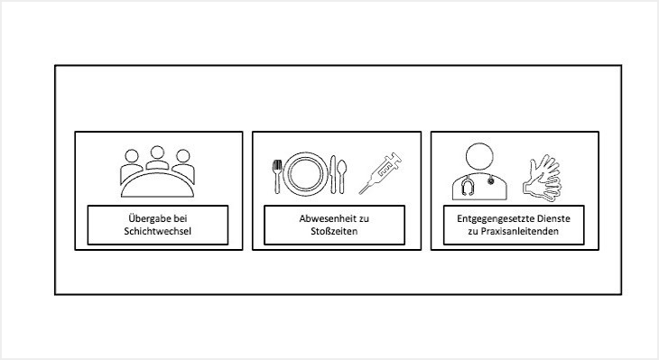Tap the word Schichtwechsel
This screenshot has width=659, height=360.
(158, 231)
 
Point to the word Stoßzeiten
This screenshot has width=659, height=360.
(334, 231)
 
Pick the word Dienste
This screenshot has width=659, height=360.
(555, 218)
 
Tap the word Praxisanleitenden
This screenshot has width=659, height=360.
(519, 231)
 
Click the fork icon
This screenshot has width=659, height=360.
(277, 177)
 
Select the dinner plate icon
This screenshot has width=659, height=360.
(305, 174)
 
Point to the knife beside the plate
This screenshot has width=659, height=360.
(333, 175)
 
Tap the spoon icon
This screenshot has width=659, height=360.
(342, 177)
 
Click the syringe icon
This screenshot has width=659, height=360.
(380, 173)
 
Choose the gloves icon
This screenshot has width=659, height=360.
(543, 179)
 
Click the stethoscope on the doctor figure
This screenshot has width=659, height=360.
(467, 187)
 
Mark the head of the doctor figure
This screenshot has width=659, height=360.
(479, 156)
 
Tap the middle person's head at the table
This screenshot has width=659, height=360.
(157, 152)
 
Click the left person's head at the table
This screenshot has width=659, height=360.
(132, 156)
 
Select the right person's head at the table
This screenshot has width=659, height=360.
(183, 156)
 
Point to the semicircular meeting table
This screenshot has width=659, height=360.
(158, 185)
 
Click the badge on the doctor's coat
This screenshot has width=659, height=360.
(491, 180)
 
